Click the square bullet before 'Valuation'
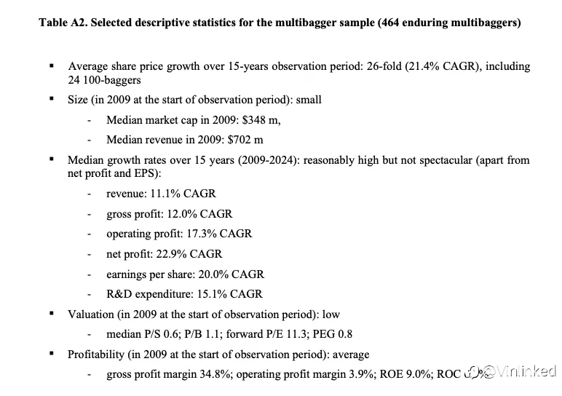[x=51, y=314]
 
